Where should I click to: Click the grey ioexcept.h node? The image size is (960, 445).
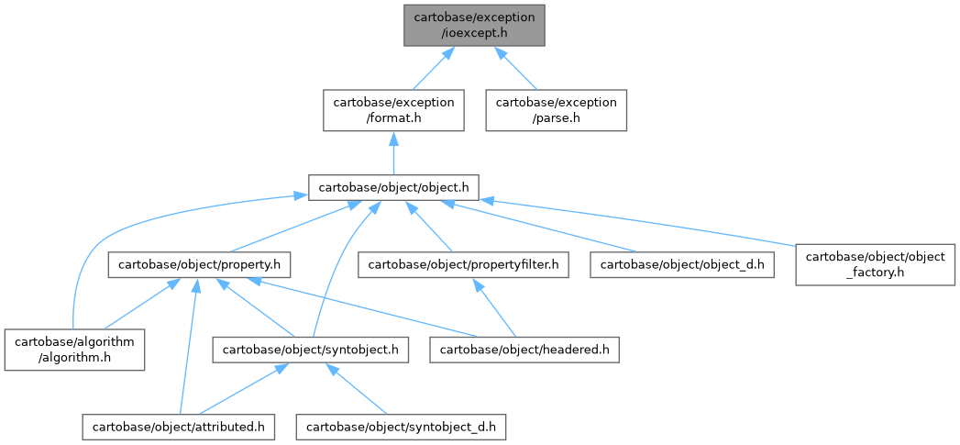tap(474, 24)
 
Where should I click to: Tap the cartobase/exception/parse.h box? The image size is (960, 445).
tap(557, 110)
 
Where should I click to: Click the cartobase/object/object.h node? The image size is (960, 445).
tap(393, 187)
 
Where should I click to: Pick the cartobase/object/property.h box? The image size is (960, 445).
tap(200, 265)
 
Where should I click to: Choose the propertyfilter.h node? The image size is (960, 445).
tap(464, 265)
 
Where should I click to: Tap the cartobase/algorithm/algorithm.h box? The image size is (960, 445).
tap(74, 350)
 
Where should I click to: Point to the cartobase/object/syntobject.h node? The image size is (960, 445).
tap(310, 350)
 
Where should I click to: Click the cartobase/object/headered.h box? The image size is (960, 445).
tap(525, 350)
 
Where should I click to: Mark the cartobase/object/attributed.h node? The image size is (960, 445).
tap(179, 427)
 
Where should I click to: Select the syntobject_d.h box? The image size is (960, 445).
tap(402, 427)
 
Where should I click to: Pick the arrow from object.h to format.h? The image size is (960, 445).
tap(393, 152)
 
